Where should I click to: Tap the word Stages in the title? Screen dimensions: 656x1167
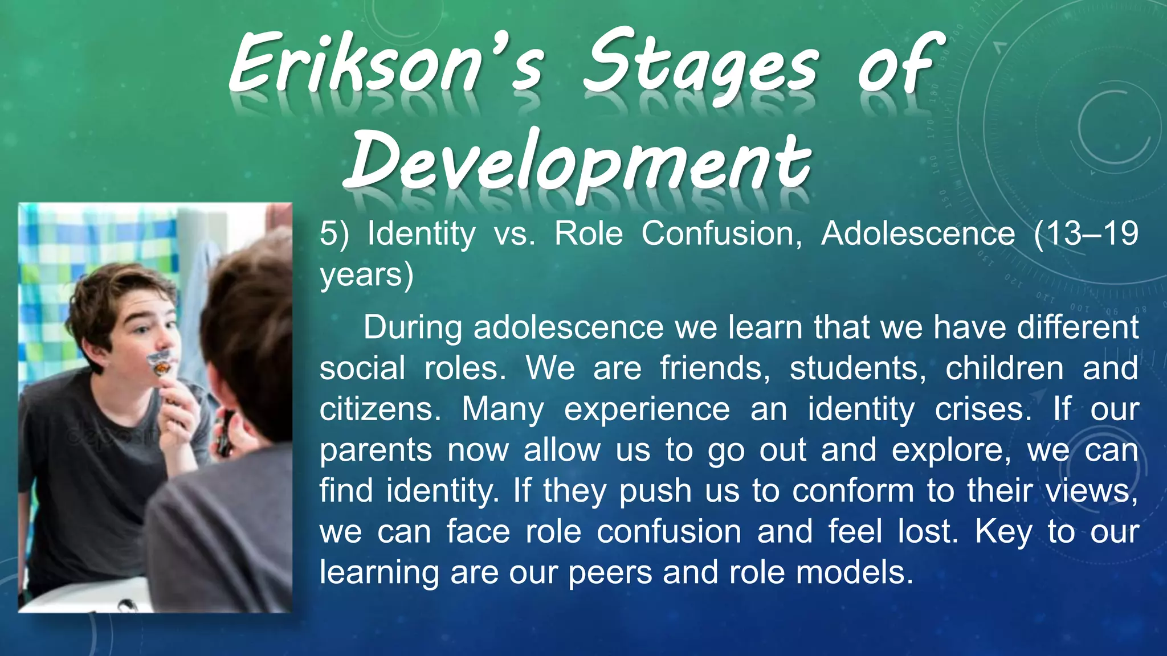701,65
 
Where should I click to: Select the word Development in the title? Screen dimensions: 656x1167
578,162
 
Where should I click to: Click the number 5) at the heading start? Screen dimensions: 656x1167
334,234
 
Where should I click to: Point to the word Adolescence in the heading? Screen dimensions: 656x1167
918,234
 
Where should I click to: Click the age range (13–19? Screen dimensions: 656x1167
1086,234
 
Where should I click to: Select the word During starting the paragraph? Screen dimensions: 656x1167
413,328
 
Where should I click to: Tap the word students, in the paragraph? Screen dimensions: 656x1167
858,368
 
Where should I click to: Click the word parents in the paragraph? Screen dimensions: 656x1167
376,450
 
